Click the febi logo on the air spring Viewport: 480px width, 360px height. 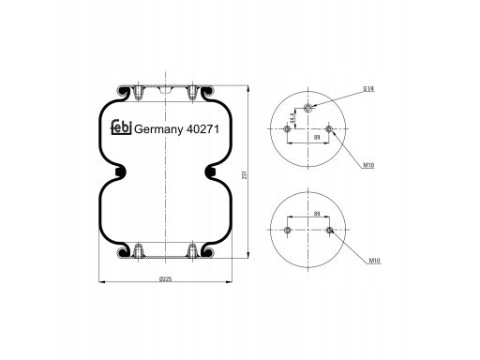tap(121, 127)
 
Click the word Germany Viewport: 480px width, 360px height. tap(158, 129)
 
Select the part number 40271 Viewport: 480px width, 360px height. tap(202, 128)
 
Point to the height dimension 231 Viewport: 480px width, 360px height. tap(245, 174)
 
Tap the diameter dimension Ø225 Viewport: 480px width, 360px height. tap(166, 278)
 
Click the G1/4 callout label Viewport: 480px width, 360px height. tap(368, 89)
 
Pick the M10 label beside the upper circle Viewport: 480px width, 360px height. tap(368, 165)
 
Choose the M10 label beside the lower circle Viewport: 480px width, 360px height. tap(375, 260)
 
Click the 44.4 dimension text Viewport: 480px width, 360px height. tap(292, 118)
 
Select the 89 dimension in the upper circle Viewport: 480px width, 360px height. tap(317, 137)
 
